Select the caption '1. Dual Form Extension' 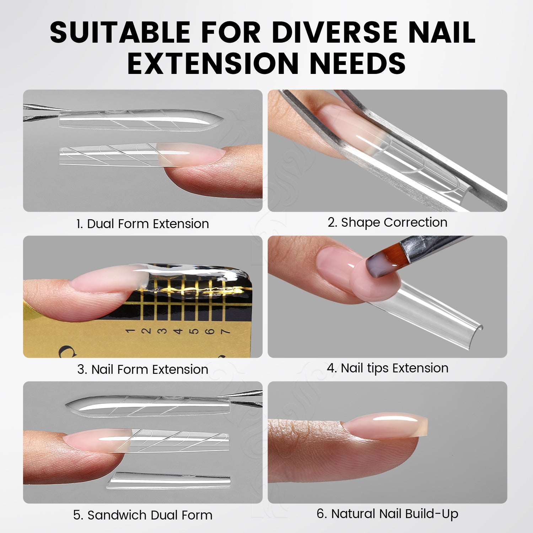tap(142, 224)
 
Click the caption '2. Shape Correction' tap(387, 222)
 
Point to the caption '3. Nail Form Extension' tap(142, 370)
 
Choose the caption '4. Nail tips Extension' tap(387, 368)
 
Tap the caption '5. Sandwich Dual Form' tap(142, 515)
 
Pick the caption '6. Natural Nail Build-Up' tap(387, 514)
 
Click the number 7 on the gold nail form tap(225, 332)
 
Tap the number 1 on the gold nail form tap(130, 331)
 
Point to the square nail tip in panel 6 tap(386, 425)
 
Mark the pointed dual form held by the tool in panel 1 tap(140, 119)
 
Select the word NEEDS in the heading tap(358, 63)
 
